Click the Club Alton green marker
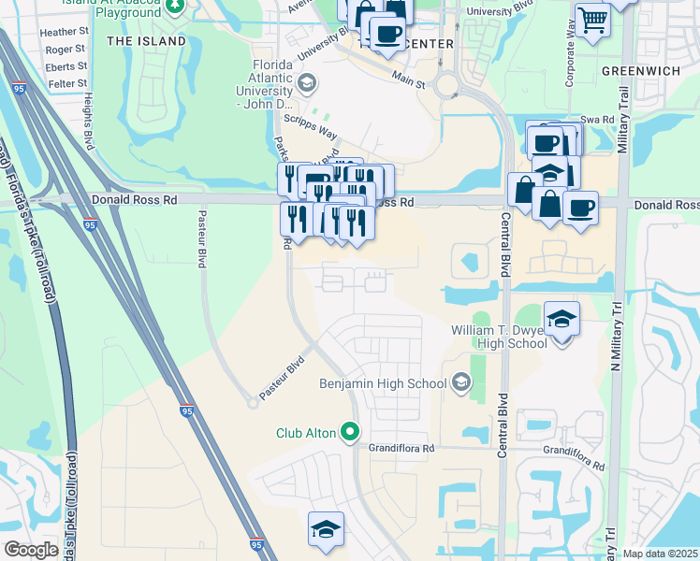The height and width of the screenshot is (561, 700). click(x=350, y=432)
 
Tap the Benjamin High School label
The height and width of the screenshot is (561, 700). click(x=382, y=383)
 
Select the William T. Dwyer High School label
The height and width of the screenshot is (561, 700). click(x=498, y=337)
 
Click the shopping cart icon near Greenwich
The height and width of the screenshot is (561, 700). click(x=592, y=19)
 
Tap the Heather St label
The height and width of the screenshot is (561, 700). click(x=65, y=32)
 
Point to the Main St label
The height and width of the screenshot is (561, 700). click(x=409, y=80)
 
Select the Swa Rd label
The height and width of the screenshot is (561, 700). click(x=596, y=120)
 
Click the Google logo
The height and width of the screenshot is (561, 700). click(x=31, y=550)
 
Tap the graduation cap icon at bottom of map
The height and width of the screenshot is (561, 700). click(x=326, y=529)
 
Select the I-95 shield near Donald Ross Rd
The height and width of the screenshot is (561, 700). click(x=90, y=225)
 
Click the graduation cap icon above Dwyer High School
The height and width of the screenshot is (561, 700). click(x=561, y=321)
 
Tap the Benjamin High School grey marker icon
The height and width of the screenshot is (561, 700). click(x=459, y=381)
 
